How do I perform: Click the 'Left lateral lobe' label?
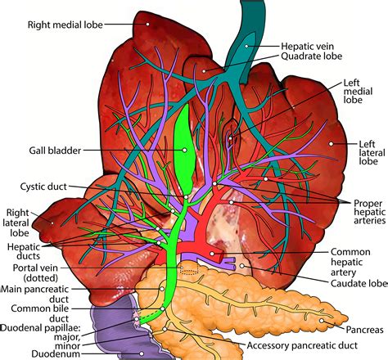tap(369, 153)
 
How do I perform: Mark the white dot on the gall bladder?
tap(186, 151)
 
